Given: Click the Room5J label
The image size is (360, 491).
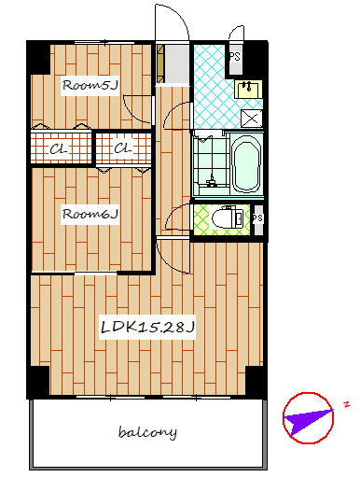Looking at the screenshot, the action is [90, 85].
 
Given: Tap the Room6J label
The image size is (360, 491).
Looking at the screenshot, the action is [90, 214].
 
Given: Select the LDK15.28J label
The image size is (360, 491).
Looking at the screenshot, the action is [147, 328].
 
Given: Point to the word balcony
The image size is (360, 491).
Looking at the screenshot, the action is [147, 433].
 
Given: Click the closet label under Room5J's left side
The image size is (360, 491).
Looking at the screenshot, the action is [59, 149].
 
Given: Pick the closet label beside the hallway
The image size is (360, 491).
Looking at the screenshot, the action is [123, 148].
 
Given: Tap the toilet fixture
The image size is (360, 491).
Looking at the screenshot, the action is [228, 217].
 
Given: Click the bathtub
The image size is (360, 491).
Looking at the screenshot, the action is [246, 163].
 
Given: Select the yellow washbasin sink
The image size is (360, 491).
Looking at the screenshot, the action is [249, 89].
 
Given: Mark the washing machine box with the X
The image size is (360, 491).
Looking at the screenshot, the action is [252, 119].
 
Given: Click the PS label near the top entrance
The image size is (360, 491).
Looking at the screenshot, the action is [235, 56].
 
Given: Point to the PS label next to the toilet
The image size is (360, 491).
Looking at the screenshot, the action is [257, 217].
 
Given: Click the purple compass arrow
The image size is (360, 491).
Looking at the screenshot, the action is [308, 421].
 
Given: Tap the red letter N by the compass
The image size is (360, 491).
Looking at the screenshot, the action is [346, 404].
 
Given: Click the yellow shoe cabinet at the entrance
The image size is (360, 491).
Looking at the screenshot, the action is [160, 63].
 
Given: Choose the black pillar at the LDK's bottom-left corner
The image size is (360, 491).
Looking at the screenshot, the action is [38, 382].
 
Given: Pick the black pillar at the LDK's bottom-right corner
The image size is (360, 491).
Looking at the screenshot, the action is [256, 382].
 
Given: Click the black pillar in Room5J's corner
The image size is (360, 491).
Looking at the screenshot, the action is [39, 58].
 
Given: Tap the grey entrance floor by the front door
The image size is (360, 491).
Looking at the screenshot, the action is [176, 63].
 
